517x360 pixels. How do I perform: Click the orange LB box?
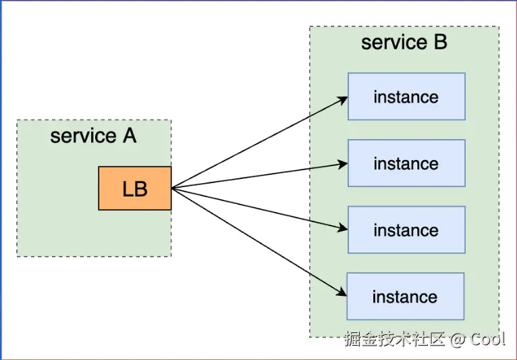(x=135, y=188)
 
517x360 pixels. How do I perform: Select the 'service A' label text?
(x=93, y=136)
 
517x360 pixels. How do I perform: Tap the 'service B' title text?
(x=404, y=43)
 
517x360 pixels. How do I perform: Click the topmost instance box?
(x=406, y=97)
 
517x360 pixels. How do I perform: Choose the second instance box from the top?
(x=406, y=163)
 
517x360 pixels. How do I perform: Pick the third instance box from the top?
(x=406, y=230)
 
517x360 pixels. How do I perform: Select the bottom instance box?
(x=405, y=297)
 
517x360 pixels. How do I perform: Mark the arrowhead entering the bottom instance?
(x=344, y=293)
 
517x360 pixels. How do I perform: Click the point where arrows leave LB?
(x=172, y=188)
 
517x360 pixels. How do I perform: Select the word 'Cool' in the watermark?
(x=488, y=339)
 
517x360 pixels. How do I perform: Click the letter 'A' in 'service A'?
(x=129, y=136)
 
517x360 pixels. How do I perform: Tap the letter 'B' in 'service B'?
(x=439, y=43)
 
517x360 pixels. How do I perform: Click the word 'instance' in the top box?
(x=406, y=97)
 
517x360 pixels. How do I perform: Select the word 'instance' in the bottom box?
(x=405, y=297)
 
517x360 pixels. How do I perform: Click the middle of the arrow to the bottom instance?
(x=258, y=242)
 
